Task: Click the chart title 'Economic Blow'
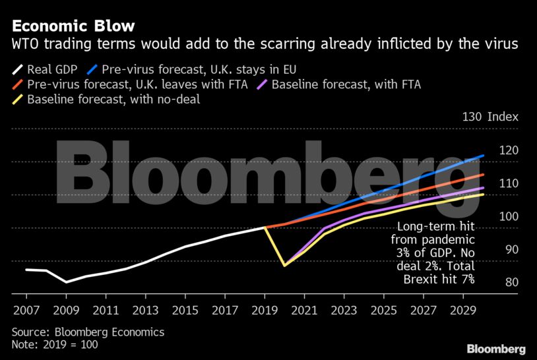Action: (73, 26)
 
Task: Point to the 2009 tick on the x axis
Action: (66, 309)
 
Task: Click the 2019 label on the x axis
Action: (265, 309)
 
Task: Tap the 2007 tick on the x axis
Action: (26, 309)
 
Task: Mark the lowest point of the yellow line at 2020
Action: (284, 265)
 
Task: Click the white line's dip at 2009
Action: (66, 282)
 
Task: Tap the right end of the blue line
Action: (484, 156)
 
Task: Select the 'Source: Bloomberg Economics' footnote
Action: (88, 332)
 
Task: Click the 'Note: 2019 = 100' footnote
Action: (57, 344)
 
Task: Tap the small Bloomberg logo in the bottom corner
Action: (496, 349)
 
